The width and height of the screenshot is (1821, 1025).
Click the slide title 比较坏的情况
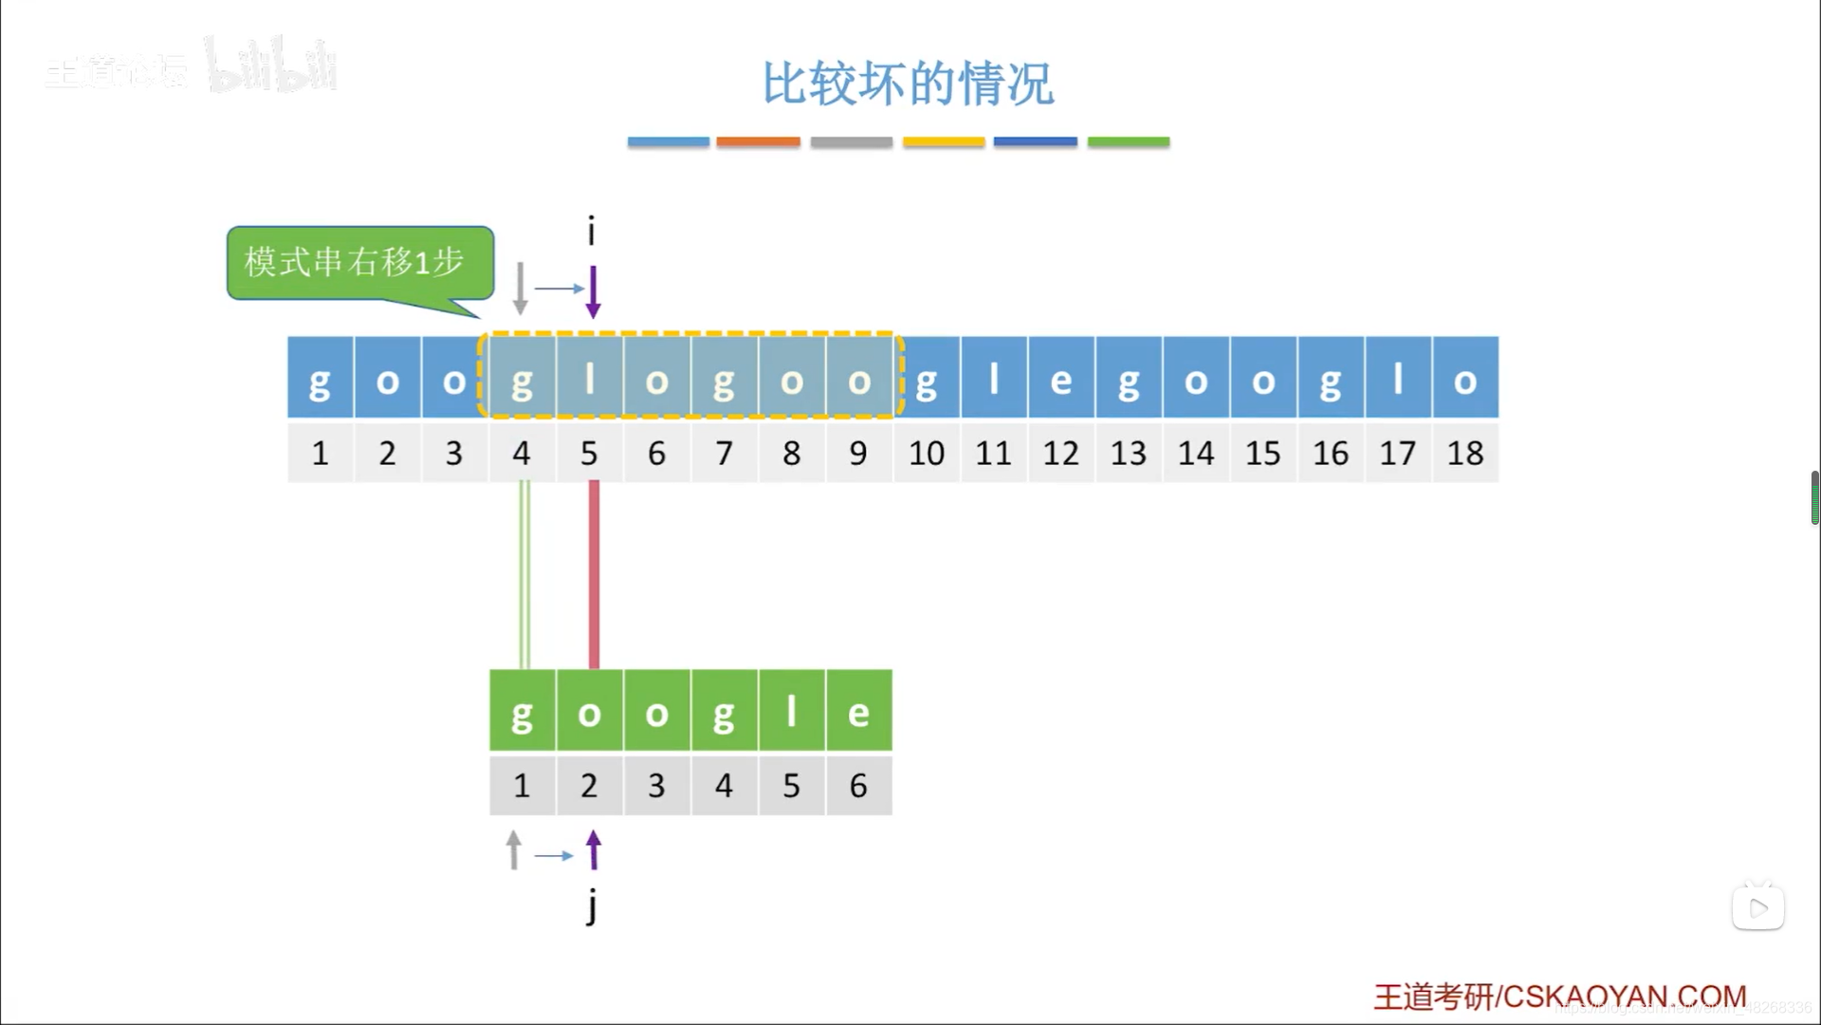908,84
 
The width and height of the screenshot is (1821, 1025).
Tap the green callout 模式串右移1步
359,263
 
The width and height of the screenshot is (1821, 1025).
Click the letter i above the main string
591,231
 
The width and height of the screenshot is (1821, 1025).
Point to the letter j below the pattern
592,905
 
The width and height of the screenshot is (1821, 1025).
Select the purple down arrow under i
593,291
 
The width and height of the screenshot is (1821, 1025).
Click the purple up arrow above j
594,849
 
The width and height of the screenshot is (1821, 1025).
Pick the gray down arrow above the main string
520,289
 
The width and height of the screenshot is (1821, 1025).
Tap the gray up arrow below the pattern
514,849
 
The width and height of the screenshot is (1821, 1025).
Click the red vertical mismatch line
594,574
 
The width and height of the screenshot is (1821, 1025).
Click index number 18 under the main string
1465,454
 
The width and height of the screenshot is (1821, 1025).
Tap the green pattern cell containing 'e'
858,710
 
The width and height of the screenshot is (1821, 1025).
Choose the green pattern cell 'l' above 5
791,710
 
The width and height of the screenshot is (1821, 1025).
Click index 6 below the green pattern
858,786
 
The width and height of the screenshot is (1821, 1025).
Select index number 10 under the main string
927,454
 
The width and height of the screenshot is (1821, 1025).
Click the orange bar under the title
758,142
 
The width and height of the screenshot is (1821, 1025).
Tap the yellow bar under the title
944,142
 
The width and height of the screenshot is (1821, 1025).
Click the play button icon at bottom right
1757,908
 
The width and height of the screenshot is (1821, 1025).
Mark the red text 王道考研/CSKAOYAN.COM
1559,997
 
